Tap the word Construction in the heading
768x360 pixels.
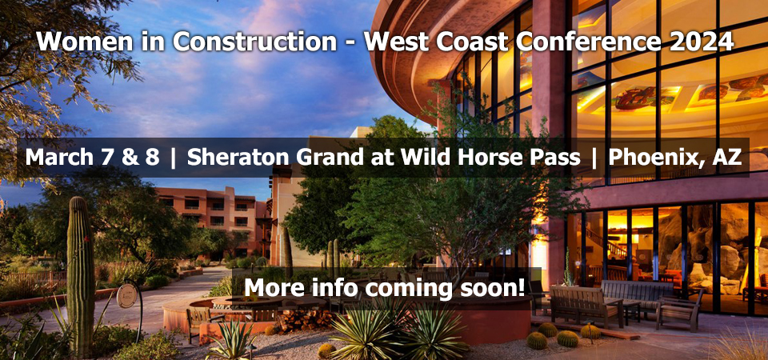(x=254, y=42)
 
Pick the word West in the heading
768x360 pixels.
(x=397, y=42)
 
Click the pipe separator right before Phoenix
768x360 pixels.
(x=594, y=158)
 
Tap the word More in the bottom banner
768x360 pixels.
(x=269, y=287)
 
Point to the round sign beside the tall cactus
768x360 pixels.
(x=127, y=296)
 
